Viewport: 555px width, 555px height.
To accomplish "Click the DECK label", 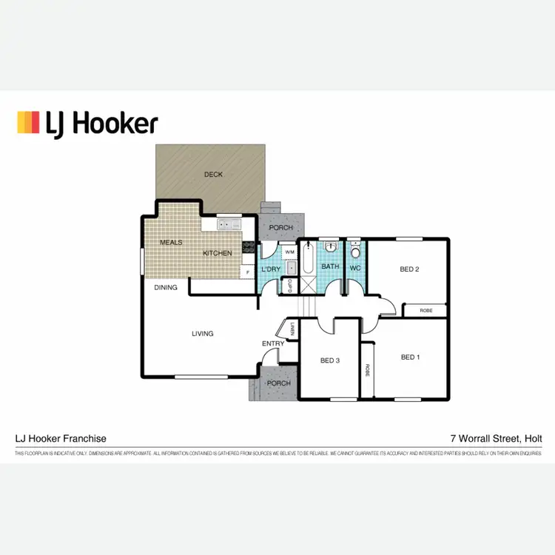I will point(213,175).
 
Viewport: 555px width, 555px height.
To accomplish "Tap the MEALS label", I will point(171,242).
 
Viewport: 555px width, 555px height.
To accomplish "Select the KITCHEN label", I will point(218,253).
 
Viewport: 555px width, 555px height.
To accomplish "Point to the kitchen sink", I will point(227,223).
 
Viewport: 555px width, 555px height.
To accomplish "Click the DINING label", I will point(166,287).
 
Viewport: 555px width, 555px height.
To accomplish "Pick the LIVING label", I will point(202,334).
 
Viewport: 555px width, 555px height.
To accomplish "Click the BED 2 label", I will point(409,269).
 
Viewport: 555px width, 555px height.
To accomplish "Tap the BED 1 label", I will point(410,357).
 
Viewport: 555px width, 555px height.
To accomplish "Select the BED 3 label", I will point(329,361).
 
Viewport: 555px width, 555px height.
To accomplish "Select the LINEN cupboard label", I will point(293,330).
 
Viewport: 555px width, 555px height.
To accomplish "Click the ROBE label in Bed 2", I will point(425,311).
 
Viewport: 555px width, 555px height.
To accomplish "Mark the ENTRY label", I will point(272,343).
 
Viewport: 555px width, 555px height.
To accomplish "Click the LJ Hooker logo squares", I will point(28,123).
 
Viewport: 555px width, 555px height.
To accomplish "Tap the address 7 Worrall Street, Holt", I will point(496,438).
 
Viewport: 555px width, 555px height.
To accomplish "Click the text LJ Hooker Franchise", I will point(61,438).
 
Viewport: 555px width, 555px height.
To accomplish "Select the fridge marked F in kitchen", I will point(248,272).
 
